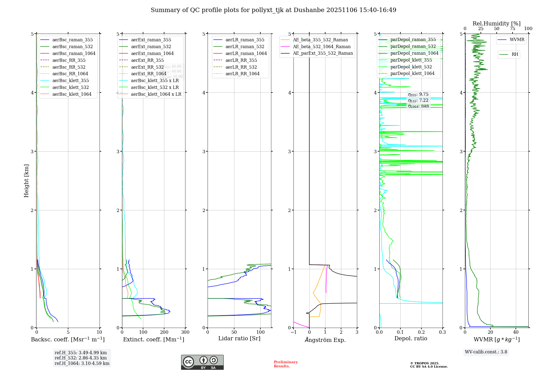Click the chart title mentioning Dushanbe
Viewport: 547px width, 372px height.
pyautogui.click(x=273, y=10)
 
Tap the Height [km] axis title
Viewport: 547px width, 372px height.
pyautogui.click(x=26, y=181)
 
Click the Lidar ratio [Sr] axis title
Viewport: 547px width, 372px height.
pyautogui.click(x=239, y=338)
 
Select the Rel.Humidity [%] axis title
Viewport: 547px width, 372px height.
pyautogui.click(x=496, y=24)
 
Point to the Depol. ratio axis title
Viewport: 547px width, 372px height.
pyautogui.click(x=411, y=338)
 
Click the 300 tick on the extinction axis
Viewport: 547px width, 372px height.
pyautogui.click(x=185, y=332)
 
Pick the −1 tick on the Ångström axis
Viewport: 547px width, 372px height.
pyautogui.click(x=293, y=332)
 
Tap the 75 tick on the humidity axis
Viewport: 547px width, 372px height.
pyautogui.click(x=513, y=29)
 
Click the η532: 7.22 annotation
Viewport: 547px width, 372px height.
pyautogui.click(x=418, y=100)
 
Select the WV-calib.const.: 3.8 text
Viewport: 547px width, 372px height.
pyautogui.click(x=486, y=352)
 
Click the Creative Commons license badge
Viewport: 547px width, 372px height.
pyautogui.click(x=202, y=362)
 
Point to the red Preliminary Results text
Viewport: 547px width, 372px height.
pyautogui.click(x=286, y=364)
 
